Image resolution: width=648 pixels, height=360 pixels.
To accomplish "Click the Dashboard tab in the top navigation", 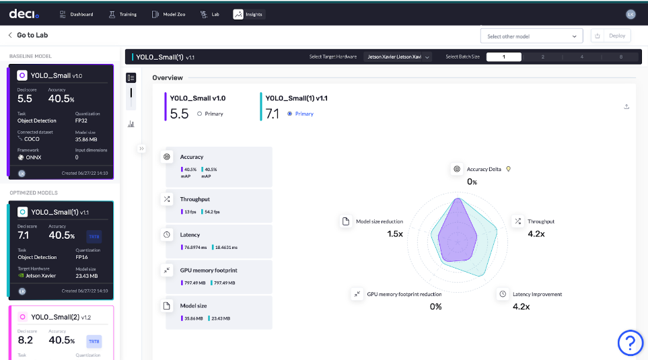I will [x=76, y=14].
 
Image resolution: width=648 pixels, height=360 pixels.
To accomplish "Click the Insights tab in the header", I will [x=248, y=14].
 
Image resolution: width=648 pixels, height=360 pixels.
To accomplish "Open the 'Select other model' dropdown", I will [x=532, y=36].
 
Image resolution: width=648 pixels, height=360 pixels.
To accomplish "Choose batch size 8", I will [x=620, y=57].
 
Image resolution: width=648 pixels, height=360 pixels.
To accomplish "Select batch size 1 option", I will [x=503, y=57].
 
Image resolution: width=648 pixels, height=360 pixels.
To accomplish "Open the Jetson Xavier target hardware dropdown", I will [x=398, y=57].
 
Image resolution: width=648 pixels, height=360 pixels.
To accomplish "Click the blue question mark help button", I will [x=631, y=343].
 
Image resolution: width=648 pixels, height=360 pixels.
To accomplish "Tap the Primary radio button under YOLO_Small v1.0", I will [x=199, y=114].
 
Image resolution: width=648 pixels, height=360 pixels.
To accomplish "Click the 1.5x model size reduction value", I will [x=395, y=233].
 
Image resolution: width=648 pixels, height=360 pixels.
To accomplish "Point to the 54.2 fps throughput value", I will [x=212, y=212].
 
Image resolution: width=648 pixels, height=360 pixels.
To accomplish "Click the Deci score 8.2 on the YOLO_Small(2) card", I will [x=25, y=340].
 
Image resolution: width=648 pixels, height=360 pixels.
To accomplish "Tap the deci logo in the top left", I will [x=22, y=14].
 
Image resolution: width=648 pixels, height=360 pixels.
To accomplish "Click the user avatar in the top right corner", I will [x=631, y=14].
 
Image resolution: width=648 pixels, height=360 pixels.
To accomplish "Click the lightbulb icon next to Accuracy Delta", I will [x=509, y=169].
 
